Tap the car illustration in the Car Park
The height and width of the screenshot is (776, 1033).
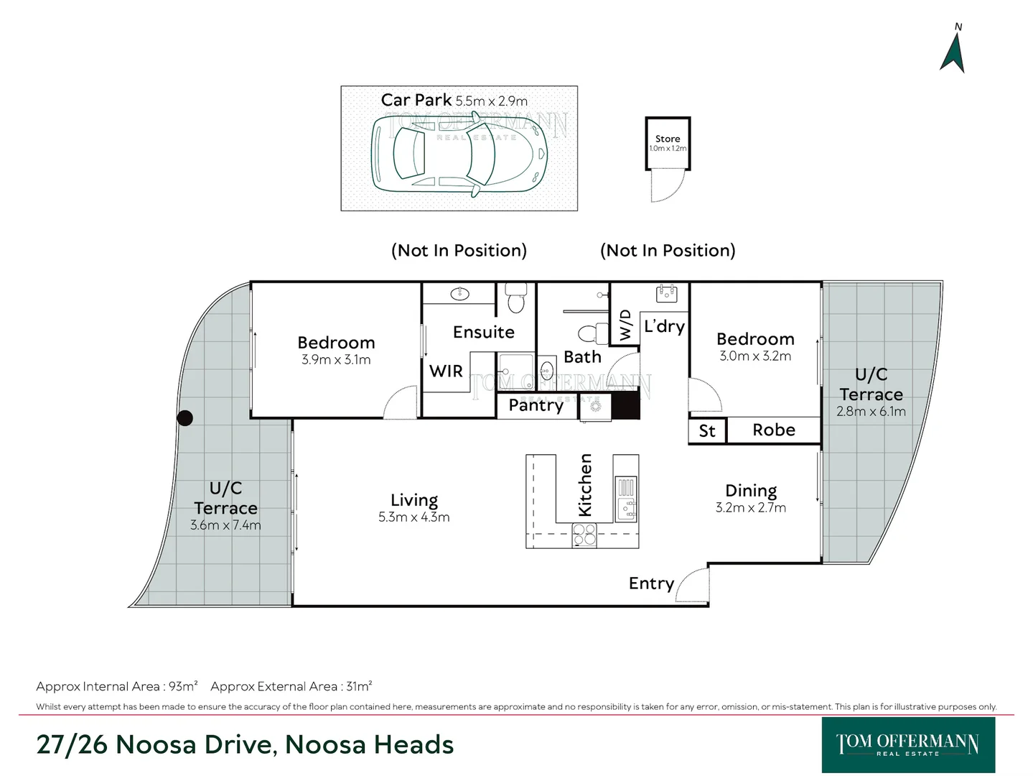(x=459, y=154)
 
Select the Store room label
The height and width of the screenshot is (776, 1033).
(x=667, y=139)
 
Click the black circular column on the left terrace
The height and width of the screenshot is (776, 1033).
(x=185, y=417)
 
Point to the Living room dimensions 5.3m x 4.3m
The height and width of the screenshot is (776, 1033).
(x=413, y=517)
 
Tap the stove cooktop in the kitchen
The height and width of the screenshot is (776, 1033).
(x=584, y=535)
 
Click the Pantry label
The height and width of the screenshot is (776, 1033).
(x=536, y=405)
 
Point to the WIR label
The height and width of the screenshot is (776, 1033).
(x=446, y=371)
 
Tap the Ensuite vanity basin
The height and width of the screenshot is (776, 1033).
(x=459, y=293)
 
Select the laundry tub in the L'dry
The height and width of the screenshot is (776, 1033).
(x=666, y=293)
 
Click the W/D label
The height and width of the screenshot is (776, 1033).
(x=625, y=325)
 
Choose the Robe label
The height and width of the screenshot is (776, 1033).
(x=773, y=430)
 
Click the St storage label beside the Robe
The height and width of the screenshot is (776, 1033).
(x=707, y=431)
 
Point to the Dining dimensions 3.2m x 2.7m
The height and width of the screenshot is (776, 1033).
(x=750, y=508)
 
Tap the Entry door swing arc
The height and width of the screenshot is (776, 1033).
(x=691, y=584)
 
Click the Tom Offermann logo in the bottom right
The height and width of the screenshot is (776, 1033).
(x=907, y=745)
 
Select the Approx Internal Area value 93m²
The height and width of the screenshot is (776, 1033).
(x=183, y=686)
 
